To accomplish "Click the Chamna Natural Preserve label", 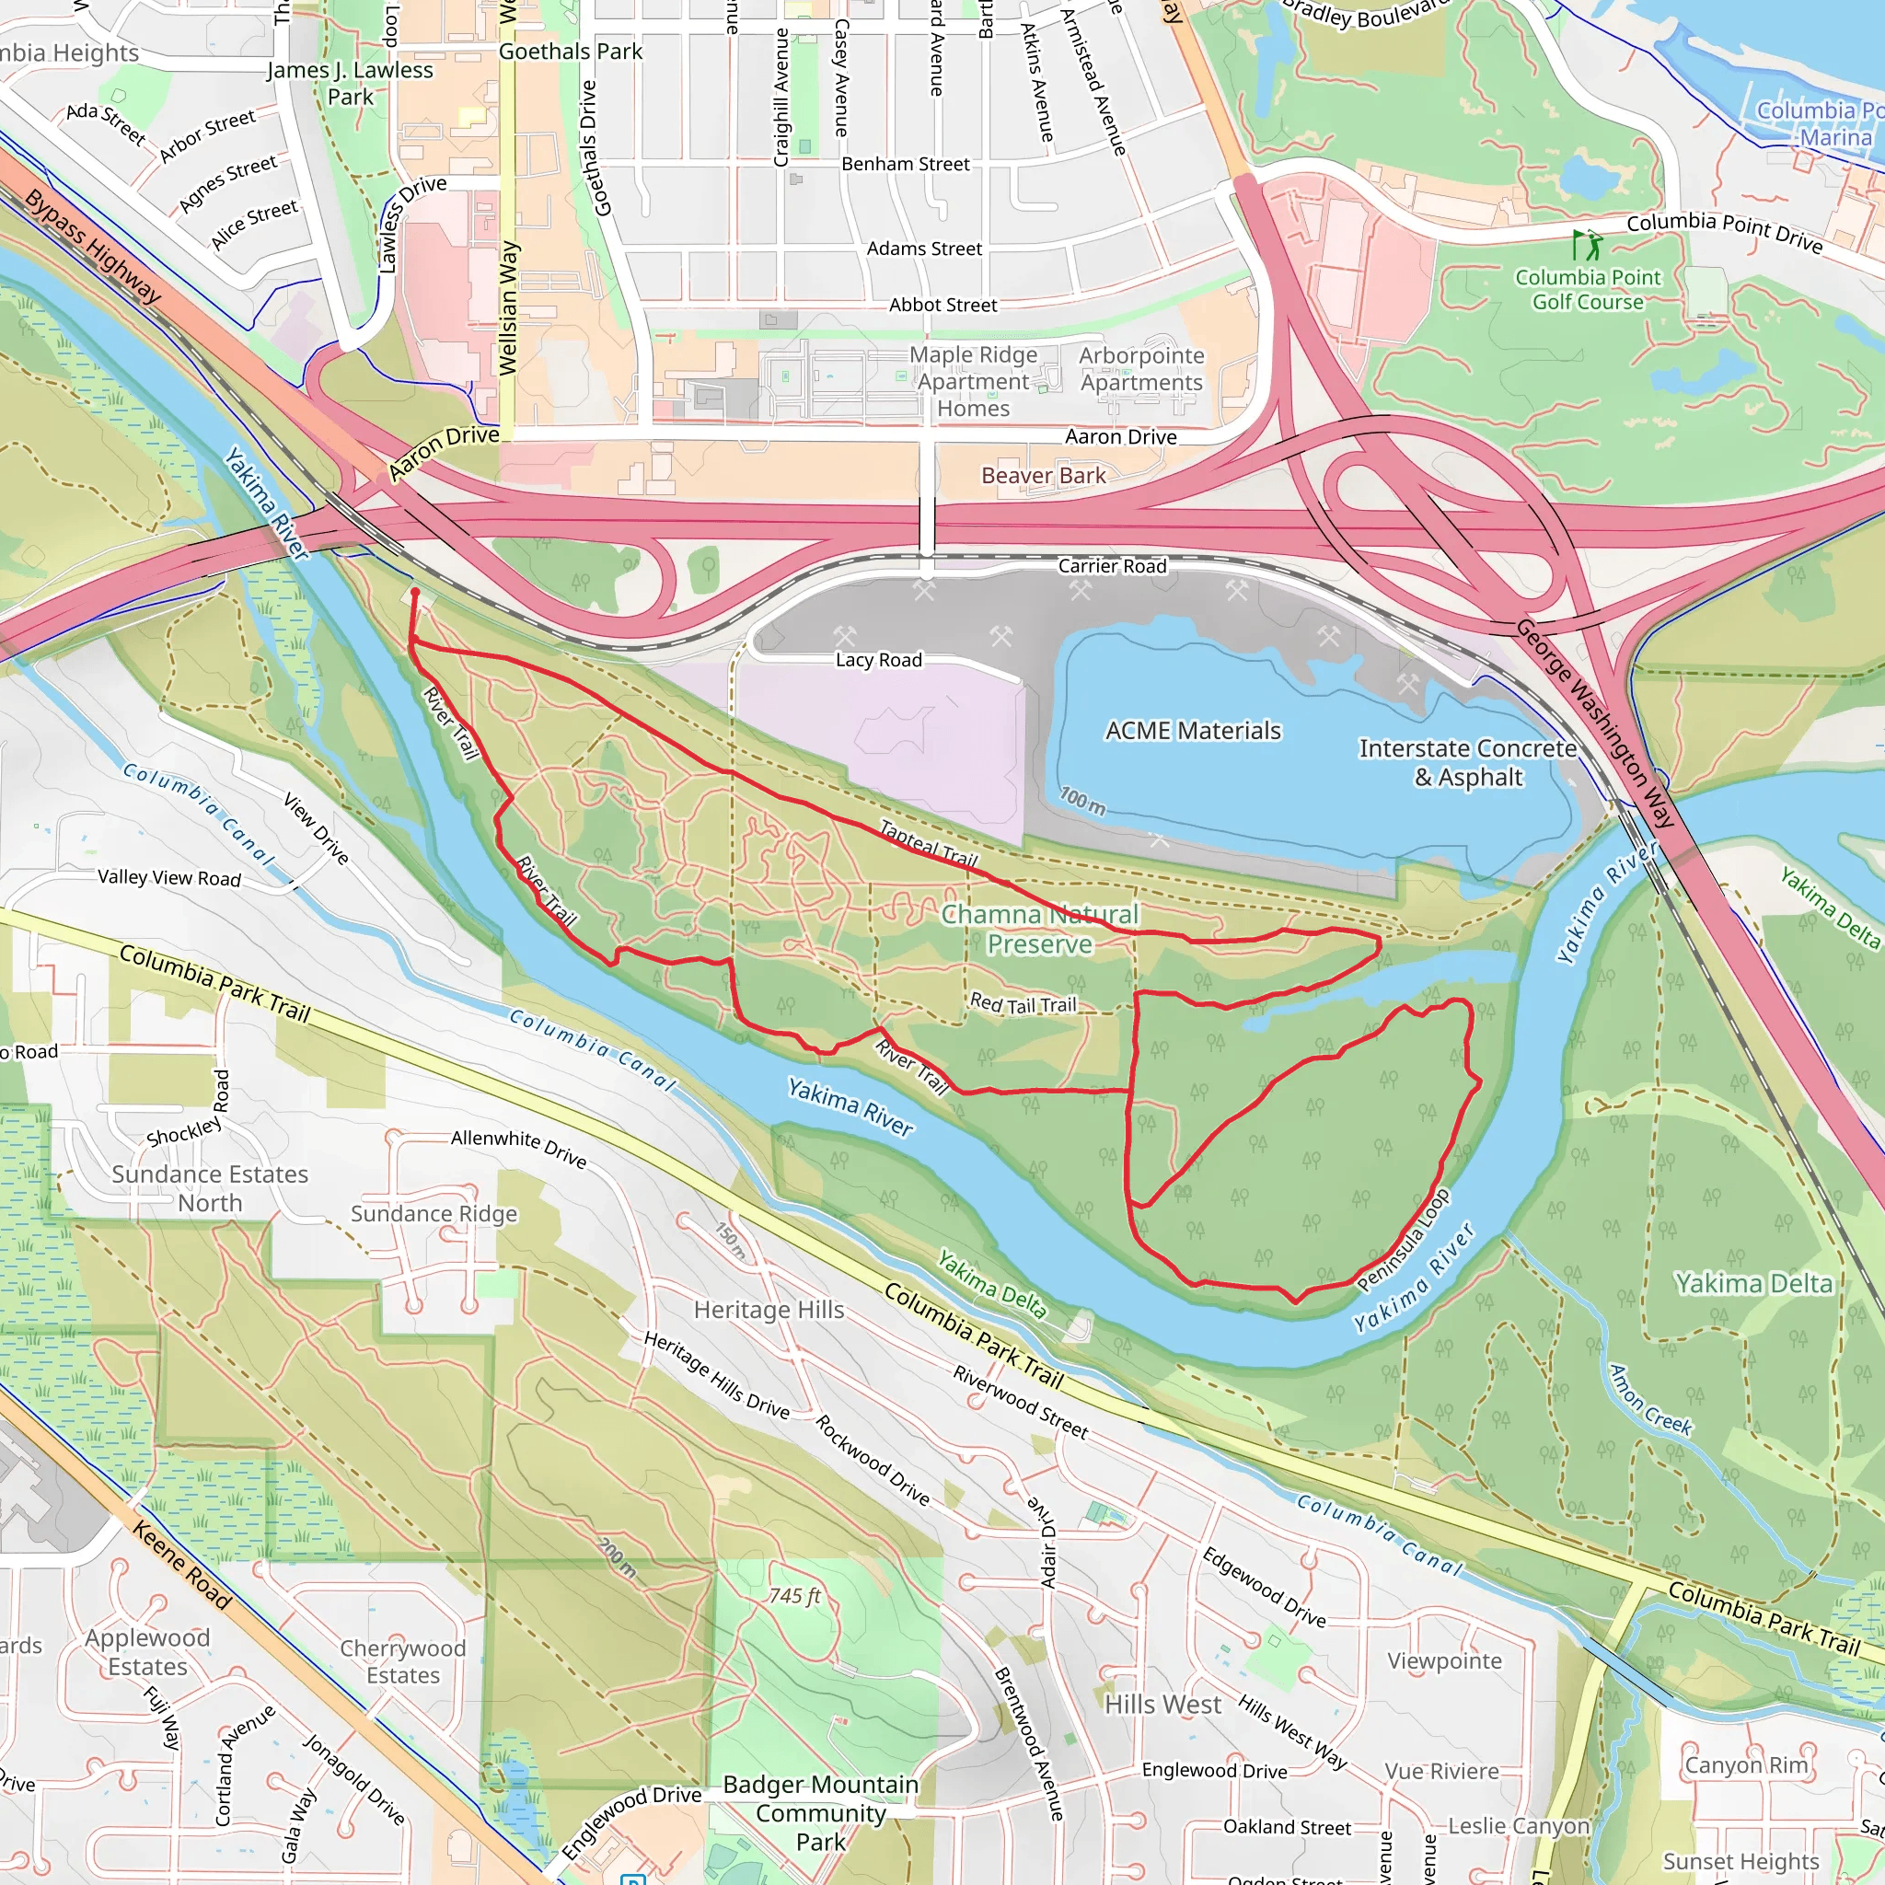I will [1039, 929].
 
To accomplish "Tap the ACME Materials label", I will [1192, 731].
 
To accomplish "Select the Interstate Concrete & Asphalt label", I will [1467, 762].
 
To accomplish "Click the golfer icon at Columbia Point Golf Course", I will [1586, 245].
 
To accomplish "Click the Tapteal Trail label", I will [928, 844].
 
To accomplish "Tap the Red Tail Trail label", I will [1023, 1004].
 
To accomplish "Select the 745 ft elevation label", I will [794, 1596].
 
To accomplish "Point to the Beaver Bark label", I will [1043, 476].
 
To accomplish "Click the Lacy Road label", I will [878, 661].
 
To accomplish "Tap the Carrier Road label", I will [1112, 566].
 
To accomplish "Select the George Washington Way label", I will [1594, 723].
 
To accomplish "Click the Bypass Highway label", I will [93, 246].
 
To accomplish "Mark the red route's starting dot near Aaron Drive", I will [416, 591].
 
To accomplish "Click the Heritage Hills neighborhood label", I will [769, 1310].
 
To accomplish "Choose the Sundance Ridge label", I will [434, 1214].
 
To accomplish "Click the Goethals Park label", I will [570, 52].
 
